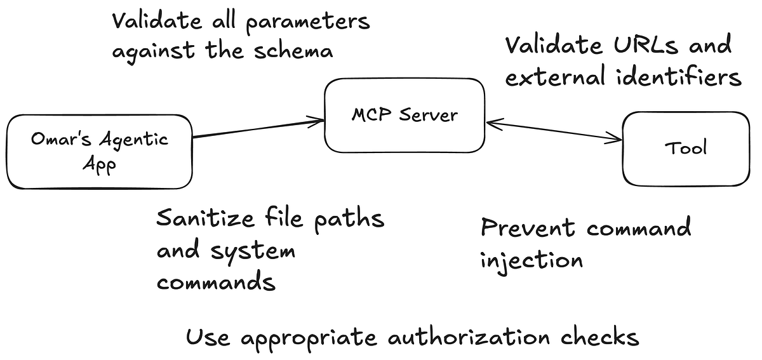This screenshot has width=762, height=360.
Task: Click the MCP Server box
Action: pos(404,115)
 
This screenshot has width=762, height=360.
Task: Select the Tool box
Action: pos(685,149)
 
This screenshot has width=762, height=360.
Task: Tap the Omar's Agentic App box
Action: pos(99,151)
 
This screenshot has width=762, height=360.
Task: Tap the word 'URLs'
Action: pos(642,46)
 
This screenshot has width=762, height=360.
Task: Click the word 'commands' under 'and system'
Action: pos(216,281)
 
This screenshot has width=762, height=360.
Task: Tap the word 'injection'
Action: pos(531,260)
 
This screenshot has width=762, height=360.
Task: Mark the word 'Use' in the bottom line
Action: pos(207,337)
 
